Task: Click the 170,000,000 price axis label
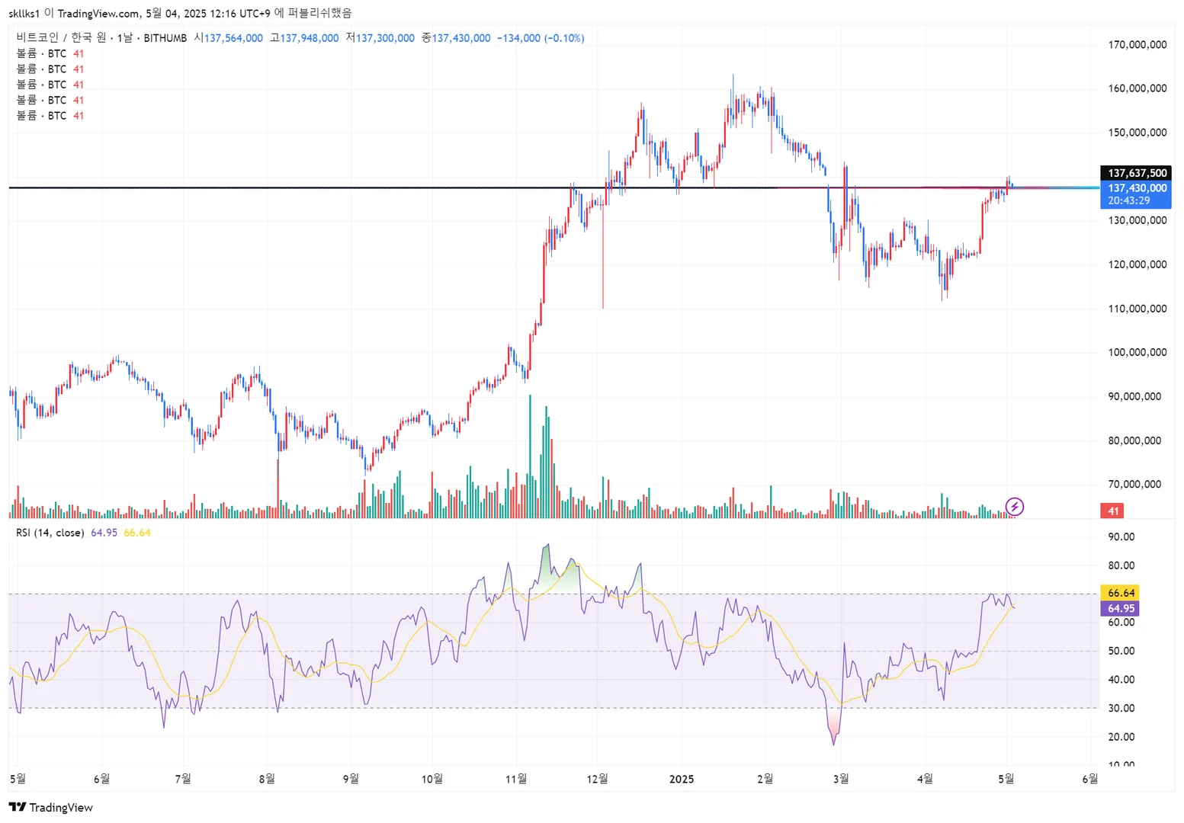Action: click(1137, 45)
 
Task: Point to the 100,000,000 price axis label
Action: click(1137, 352)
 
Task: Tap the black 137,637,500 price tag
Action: click(1136, 173)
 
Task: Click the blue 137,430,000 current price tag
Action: click(1136, 188)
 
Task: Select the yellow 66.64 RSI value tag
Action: click(1120, 593)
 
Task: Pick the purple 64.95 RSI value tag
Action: click(1120, 608)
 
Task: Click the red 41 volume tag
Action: click(1112, 511)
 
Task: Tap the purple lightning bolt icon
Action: click(1014, 507)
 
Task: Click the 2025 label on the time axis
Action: click(681, 779)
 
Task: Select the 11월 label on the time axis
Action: click(516, 779)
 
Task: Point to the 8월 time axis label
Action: click(266, 779)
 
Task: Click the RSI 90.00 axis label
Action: click(1121, 537)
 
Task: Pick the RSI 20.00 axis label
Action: click(1121, 737)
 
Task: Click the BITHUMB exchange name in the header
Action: click(165, 38)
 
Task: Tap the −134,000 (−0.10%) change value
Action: click(541, 38)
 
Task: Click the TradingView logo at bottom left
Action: click(50, 808)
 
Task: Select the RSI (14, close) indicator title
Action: click(50, 533)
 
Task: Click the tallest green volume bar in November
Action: click(529, 457)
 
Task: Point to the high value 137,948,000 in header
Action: click(309, 38)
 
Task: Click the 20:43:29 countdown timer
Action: click(1128, 201)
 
